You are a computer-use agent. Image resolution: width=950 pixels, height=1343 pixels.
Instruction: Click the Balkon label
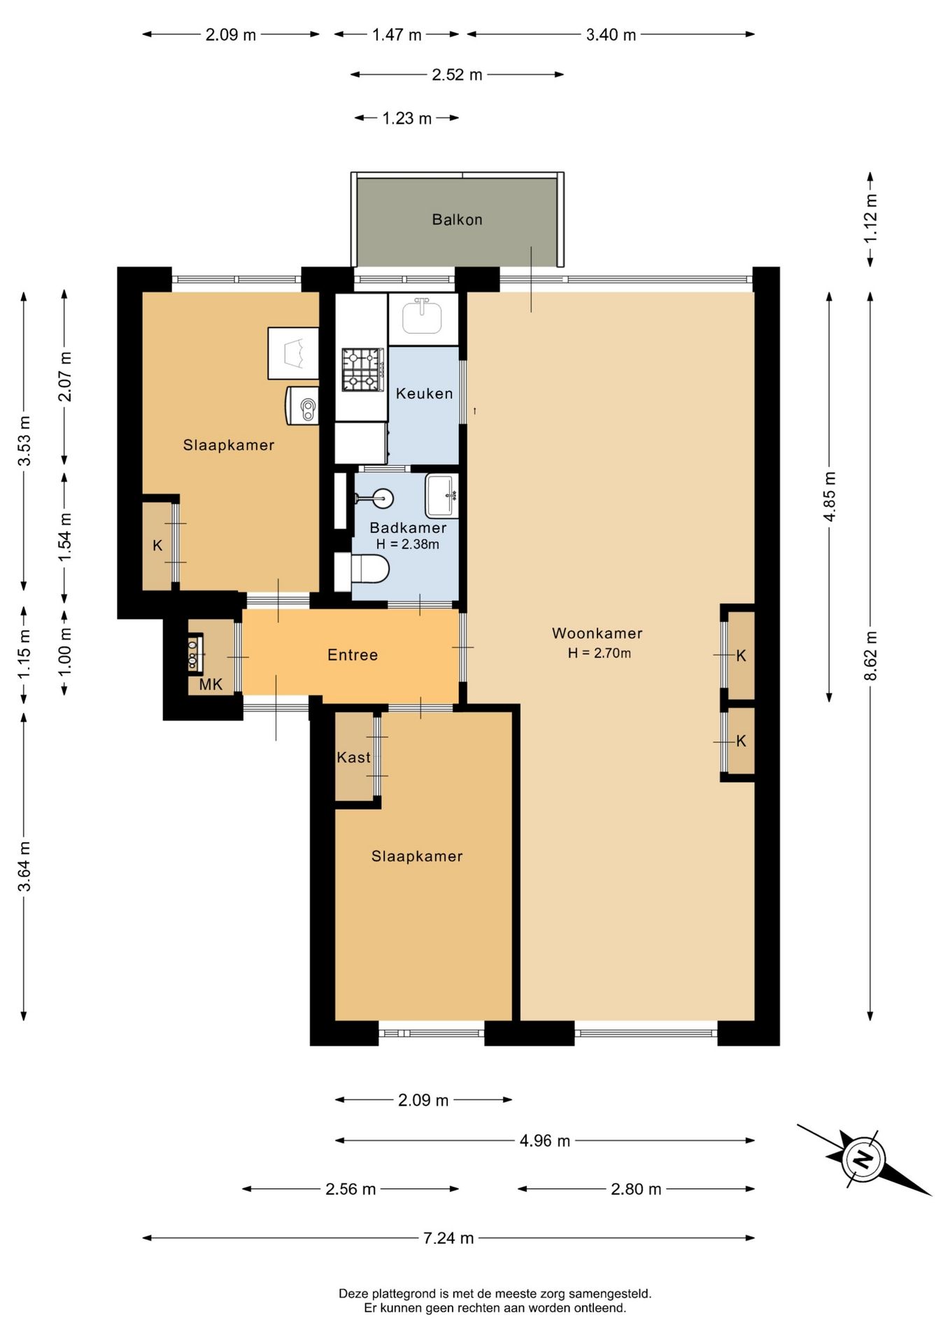(457, 220)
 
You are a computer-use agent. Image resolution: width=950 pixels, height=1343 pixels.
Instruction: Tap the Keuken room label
(424, 394)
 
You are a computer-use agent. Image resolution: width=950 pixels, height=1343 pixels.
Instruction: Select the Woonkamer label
(597, 633)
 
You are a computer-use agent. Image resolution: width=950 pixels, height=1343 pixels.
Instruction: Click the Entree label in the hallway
(353, 655)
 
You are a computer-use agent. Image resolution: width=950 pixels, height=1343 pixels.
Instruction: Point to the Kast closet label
(353, 757)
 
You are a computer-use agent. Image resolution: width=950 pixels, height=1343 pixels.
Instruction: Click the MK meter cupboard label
(211, 684)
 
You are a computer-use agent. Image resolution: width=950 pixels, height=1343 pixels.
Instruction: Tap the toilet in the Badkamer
(362, 571)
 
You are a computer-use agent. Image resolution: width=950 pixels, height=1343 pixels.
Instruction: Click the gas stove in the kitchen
(363, 370)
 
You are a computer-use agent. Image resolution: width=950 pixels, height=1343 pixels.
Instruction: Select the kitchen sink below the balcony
(423, 316)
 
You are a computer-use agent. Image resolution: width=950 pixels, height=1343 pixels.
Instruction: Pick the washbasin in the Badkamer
(442, 496)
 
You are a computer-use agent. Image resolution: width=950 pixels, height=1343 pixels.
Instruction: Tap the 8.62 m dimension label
(870, 655)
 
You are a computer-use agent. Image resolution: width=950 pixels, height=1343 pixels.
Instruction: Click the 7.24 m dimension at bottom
(448, 1238)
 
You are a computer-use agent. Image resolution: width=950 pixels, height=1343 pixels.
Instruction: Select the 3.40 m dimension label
(611, 34)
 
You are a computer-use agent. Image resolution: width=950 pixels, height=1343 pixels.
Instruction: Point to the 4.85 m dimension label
(829, 496)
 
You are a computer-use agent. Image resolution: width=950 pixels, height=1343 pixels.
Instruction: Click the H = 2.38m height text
(408, 544)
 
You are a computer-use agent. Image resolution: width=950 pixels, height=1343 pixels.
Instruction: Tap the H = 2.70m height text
(600, 653)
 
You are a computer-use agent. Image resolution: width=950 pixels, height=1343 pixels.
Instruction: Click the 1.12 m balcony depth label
(870, 218)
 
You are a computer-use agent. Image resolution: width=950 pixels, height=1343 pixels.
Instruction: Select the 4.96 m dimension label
(544, 1141)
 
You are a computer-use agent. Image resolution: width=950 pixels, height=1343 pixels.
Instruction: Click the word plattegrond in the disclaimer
(401, 1294)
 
